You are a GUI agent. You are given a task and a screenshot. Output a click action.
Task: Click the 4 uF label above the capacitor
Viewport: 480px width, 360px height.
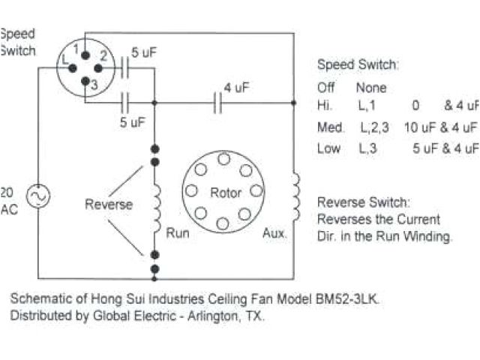coord(238,87)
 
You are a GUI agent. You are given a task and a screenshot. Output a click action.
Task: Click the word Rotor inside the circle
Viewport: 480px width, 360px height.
coord(225,193)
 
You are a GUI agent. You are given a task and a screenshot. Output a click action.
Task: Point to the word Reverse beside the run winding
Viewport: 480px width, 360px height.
coord(108,204)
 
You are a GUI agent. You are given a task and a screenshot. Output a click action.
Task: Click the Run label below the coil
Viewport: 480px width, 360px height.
coord(177,233)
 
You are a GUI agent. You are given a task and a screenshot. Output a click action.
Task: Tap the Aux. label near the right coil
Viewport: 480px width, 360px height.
coord(274,233)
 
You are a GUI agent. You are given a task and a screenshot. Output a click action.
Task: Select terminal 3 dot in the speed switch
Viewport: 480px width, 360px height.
coord(84,82)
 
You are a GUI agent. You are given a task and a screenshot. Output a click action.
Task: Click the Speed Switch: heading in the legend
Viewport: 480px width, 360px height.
coord(357,64)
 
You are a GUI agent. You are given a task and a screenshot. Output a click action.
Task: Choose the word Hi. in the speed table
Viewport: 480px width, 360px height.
coord(325,106)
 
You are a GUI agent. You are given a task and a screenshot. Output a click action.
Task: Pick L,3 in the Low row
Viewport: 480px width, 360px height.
coord(368,148)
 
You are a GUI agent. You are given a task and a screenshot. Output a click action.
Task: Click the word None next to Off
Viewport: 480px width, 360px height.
coord(371,88)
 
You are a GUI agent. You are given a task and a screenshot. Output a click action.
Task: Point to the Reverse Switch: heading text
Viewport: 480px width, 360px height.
coord(364,202)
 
